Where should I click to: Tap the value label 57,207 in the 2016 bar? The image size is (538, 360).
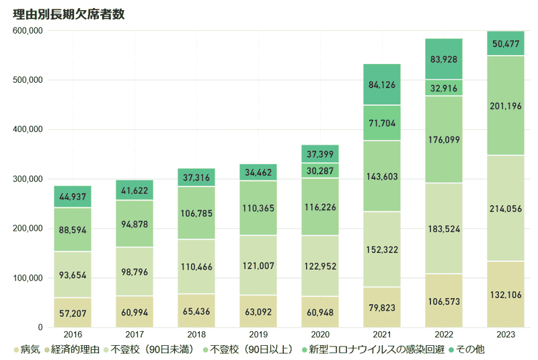(73, 314)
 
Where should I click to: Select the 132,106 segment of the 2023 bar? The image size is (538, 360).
(506, 295)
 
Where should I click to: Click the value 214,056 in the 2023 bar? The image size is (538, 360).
(506, 209)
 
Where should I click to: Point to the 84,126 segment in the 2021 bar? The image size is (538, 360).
(382, 85)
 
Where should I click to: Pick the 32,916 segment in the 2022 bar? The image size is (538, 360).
(444, 88)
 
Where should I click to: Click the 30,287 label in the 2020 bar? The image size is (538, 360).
(320, 171)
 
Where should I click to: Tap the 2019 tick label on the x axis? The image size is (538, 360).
(258, 334)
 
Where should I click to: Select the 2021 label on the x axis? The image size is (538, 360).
(382, 334)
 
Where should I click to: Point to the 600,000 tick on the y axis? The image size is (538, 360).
(28, 31)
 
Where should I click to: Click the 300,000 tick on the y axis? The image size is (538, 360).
(28, 179)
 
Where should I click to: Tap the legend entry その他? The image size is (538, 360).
(470, 349)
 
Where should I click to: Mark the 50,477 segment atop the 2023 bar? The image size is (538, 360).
(506, 44)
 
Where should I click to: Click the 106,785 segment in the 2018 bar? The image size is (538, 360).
(196, 214)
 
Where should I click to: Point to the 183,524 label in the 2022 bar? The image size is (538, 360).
(444, 229)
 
